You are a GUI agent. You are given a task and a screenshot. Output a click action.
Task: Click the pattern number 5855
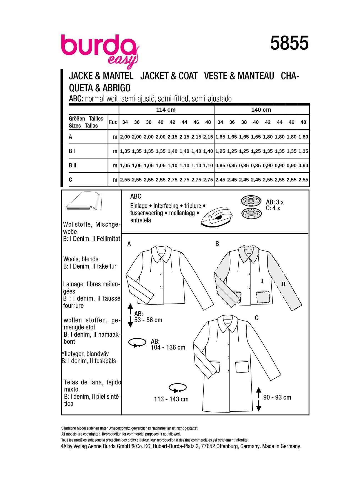click(x=289, y=43)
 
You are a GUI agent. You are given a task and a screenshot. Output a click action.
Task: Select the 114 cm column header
click(x=166, y=110)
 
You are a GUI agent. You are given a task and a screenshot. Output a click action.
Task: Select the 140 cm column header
click(x=261, y=110)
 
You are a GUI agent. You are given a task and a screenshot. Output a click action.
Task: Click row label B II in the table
click(x=73, y=165)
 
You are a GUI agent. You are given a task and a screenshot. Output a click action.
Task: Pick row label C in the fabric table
click(x=70, y=180)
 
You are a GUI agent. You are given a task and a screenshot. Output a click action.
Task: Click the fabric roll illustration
click(x=84, y=201)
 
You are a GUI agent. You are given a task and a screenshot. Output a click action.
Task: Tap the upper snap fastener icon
click(x=251, y=201)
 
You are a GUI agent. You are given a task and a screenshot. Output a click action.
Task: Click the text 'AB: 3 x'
click(x=275, y=202)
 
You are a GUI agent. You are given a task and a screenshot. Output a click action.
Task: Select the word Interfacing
click(x=166, y=206)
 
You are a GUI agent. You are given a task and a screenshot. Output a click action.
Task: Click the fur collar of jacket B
click(x=248, y=254)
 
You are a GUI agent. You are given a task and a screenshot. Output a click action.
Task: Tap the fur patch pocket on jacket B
click(x=263, y=297)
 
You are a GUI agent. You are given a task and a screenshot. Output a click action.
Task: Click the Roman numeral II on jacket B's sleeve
click(x=283, y=284)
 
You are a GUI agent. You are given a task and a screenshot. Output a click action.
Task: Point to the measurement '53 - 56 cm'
click(x=148, y=320)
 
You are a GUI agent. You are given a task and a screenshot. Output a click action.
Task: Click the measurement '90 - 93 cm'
click(x=277, y=397)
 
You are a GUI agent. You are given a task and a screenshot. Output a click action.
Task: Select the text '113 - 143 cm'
click(x=171, y=399)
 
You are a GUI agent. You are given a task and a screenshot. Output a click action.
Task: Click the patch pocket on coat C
click(x=242, y=367)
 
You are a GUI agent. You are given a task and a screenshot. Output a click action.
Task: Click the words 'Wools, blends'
click(x=81, y=259)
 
